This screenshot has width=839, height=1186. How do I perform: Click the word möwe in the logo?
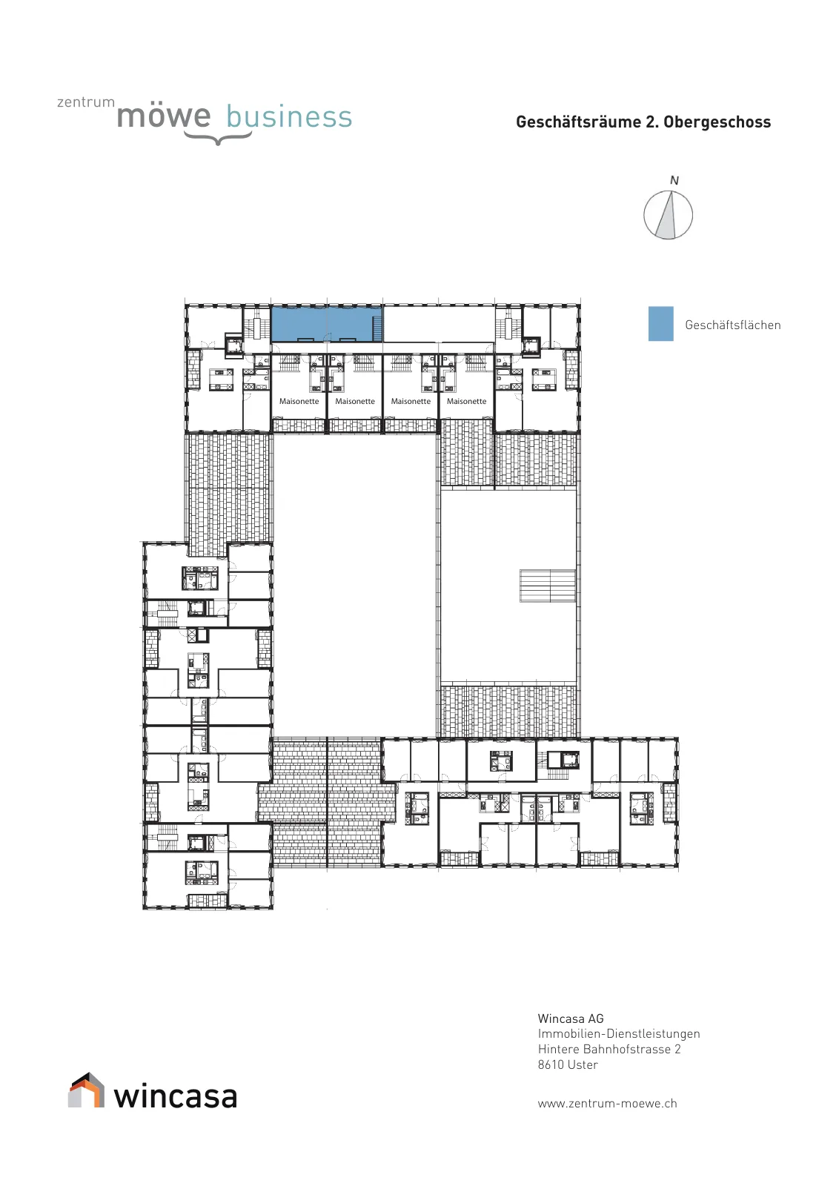click(x=164, y=116)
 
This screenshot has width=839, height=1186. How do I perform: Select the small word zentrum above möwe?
click(x=86, y=102)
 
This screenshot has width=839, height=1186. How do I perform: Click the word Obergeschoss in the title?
click(x=717, y=122)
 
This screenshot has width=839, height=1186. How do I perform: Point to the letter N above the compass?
click(x=674, y=181)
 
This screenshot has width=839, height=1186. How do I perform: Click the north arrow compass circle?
click(x=668, y=215)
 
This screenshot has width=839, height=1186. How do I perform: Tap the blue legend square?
click(x=660, y=323)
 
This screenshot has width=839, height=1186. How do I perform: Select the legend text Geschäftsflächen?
click(x=732, y=325)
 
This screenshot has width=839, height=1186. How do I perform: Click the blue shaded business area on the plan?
click(x=326, y=323)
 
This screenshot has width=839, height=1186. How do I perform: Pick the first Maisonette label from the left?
click(x=299, y=401)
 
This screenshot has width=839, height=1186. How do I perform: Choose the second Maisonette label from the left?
click(x=355, y=401)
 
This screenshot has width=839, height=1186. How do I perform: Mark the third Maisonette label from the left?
click(x=411, y=401)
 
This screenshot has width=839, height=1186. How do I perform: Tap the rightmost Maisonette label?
click(x=466, y=401)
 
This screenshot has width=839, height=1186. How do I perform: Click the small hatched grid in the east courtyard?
click(x=547, y=586)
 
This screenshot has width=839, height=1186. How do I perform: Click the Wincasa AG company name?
click(x=571, y=1018)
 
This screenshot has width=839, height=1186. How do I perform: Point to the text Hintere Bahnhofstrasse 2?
click(x=609, y=1049)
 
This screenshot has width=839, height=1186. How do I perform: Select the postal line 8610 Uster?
click(x=568, y=1064)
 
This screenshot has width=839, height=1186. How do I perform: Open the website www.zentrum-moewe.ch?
click(x=608, y=1103)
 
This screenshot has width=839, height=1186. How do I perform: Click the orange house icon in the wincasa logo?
click(x=86, y=1090)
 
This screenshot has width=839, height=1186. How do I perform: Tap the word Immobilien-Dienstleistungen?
click(x=619, y=1033)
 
